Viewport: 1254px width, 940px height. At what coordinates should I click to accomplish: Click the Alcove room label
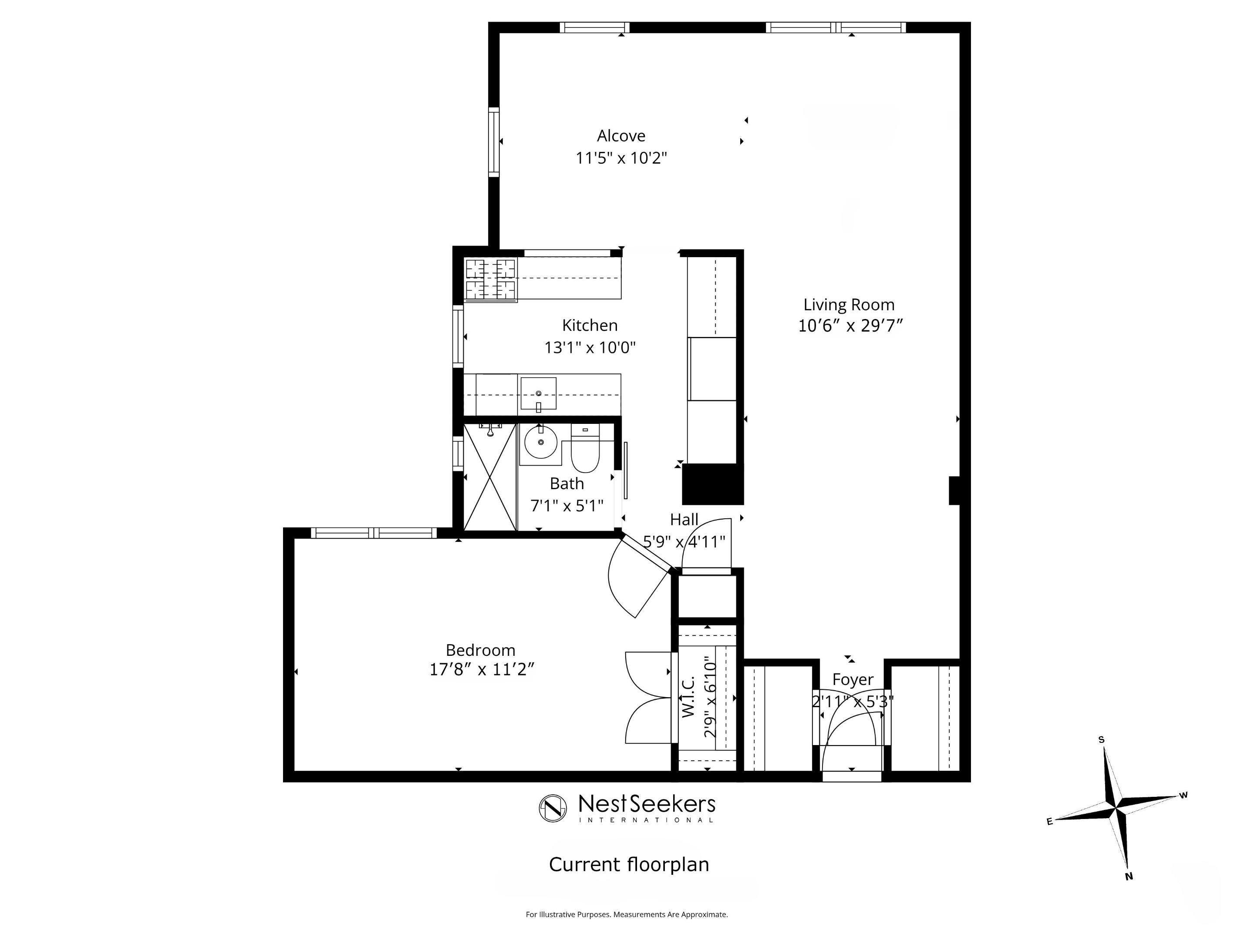621,136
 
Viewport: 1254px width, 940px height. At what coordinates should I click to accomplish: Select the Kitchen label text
590,325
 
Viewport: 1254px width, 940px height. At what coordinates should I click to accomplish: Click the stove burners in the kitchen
490,279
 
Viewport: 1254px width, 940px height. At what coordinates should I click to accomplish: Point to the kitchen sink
538,393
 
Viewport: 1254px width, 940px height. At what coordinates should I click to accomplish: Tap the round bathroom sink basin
541,443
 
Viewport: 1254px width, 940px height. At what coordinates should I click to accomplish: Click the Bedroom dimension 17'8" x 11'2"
481,670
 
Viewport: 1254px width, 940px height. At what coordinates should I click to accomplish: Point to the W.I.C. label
688,696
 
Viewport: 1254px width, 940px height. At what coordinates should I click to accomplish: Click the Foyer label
853,679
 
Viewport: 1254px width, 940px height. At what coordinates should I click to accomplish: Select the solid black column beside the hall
712,484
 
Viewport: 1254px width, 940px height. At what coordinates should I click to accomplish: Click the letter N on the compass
1128,876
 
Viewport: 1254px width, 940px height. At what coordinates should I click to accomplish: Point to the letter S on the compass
1101,739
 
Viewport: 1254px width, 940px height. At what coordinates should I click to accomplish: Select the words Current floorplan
629,865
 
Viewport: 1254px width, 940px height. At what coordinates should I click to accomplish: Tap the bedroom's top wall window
374,533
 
